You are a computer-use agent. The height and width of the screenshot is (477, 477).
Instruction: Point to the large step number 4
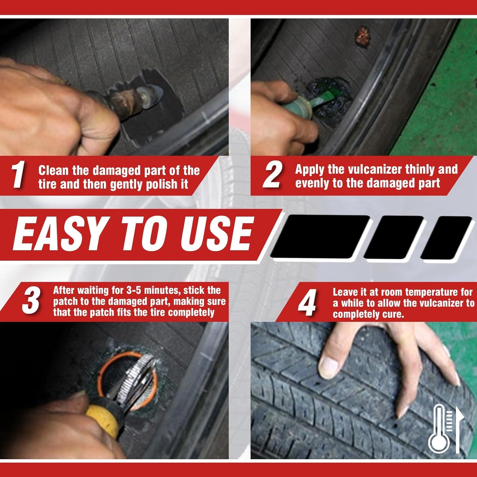[x=307, y=305]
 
